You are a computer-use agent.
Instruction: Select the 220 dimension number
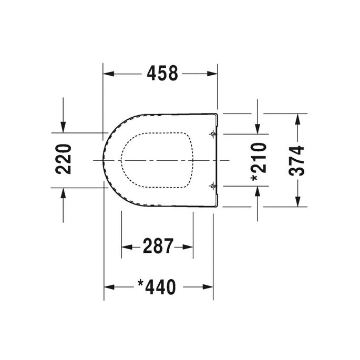pyautogui.click(x=64, y=159)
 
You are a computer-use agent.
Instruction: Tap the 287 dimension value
pyautogui.click(x=158, y=245)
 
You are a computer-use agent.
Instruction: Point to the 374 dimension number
pyautogui.click(x=297, y=160)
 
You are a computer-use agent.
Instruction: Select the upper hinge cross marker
pyautogui.click(x=212, y=134)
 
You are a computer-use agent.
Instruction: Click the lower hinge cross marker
pyautogui.click(x=212, y=186)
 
